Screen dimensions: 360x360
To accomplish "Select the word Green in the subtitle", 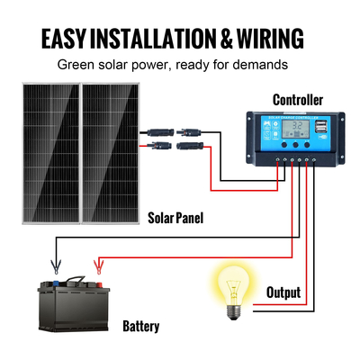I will click(78, 65).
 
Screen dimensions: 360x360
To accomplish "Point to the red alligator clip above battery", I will click(95, 267).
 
